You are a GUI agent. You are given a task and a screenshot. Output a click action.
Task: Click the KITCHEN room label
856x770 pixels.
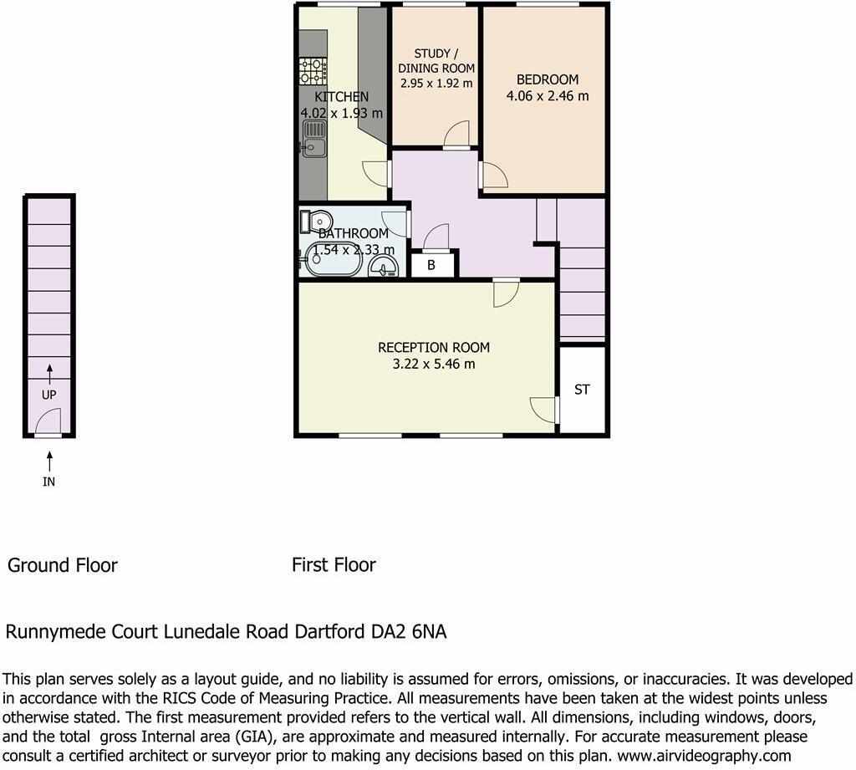tap(341, 97)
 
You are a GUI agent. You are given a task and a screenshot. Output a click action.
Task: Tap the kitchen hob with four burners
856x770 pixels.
tap(313, 70)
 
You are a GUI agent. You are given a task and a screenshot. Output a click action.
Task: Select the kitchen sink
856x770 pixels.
tap(314, 139)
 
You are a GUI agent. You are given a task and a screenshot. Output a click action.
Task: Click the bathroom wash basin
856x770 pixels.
tap(384, 266)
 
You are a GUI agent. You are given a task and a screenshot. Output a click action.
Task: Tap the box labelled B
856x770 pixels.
tap(431, 265)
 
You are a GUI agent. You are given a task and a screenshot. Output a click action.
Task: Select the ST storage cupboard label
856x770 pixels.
tap(582, 390)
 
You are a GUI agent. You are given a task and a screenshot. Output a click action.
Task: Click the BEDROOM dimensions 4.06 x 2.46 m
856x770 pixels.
tap(548, 96)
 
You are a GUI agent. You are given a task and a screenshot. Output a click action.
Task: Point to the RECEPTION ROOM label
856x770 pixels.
tap(434, 347)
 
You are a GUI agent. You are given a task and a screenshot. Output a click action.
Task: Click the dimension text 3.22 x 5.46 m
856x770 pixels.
tap(434, 365)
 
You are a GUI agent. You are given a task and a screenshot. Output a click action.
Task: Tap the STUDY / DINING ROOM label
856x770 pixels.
tap(436, 61)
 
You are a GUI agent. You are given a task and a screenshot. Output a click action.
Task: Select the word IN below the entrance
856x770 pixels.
tap(49, 482)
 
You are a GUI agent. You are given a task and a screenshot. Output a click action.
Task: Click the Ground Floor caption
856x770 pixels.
tap(63, 565)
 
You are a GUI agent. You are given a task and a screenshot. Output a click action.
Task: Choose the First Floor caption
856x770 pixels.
tap(334, 565)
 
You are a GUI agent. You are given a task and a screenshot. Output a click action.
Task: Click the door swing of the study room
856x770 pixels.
tap(457, 134)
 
